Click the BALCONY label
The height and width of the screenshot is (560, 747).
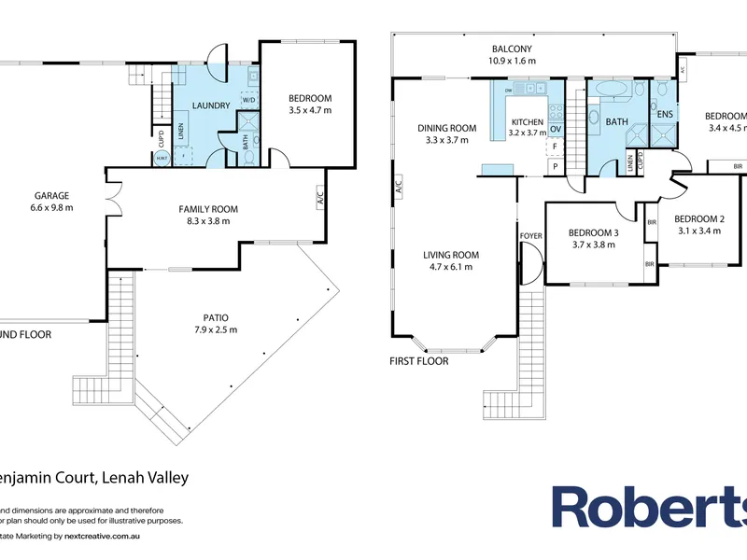pos(512,49)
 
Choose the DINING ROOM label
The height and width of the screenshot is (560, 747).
pos(447,128)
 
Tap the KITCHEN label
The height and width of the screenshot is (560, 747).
pos(528,122)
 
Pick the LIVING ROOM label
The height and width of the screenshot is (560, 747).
pos(451,255)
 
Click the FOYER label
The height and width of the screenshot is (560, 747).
pos(529,236)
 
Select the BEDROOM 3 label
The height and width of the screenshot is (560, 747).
pos(595,232)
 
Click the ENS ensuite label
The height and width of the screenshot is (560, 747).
pos(666,115)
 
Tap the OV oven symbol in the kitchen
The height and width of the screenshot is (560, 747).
pos(555,129)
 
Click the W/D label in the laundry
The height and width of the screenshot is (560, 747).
pos(249,100)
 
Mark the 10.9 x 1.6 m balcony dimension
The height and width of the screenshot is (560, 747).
pos(512,62)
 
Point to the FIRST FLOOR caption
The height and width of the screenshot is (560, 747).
pos(419,360)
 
